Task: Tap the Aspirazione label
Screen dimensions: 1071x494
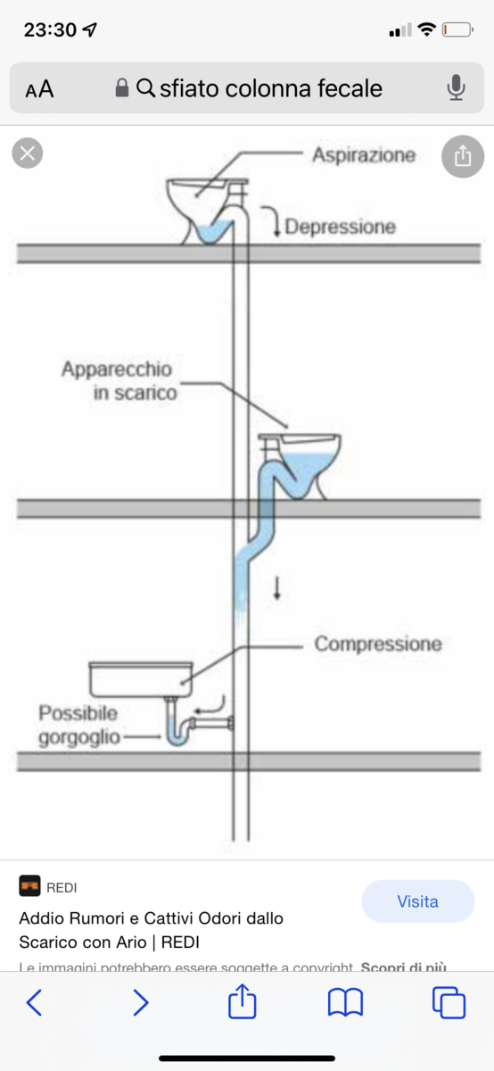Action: [x=363, y=155]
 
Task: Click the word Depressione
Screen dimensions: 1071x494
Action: [x=339, y=227]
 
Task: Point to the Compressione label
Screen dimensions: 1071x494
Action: [x=377, y=643]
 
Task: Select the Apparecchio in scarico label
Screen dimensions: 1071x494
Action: [x=118, y=380]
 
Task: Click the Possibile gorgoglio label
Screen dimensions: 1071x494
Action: [x=78, y=726]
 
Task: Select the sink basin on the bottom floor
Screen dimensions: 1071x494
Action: [x=141, y=679]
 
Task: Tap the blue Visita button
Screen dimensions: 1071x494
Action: [x=417, y=901]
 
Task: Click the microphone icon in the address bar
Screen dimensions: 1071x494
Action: [x=456, y=87]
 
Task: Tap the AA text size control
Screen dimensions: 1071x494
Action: [x=39, y=88]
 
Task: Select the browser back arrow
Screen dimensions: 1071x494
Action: [x=34, y=1003]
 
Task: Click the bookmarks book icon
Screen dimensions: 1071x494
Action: [x=345, y=1003]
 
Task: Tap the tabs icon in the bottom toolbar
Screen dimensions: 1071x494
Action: [x=449, y=1003]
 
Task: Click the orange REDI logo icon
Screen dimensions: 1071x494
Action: [x=29, y=886]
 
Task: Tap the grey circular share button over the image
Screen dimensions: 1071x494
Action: [x=462, y=156]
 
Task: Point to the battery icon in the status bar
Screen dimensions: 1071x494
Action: [x=457, y=30]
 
